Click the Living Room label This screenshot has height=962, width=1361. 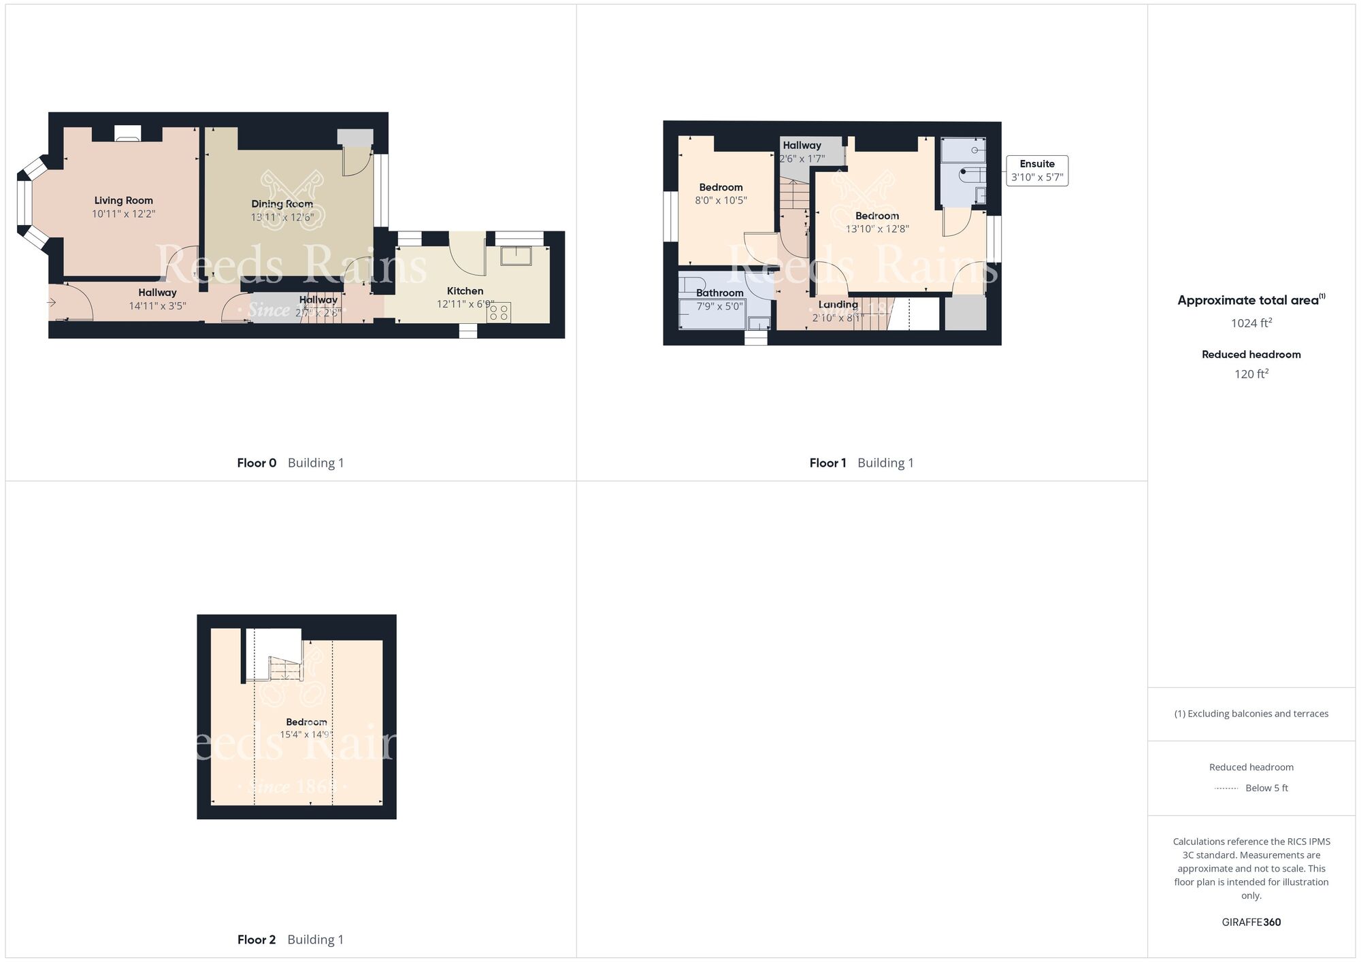coord(123,201)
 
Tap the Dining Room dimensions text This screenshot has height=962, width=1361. coord(282,218)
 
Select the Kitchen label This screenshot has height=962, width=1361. coord(465,291)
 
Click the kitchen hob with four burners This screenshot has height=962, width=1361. coord(499,312)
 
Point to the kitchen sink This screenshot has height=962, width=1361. coord(516,255)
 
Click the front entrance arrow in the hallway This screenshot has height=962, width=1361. coord(52,302)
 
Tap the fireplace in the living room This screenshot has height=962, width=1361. coord(127,133)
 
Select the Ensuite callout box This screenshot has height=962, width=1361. coord(1037,171)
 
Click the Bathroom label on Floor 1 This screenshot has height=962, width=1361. coord(719,293)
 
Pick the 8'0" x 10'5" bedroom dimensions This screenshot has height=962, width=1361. coord(721,201)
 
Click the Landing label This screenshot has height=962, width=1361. coord(838,305)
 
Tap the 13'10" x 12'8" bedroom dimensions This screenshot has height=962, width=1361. coord(877,229)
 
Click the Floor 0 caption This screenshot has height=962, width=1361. coord(257,463)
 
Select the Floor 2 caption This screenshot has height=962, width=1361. coord(257,940)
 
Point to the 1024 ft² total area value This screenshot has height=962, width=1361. coord(1251,323)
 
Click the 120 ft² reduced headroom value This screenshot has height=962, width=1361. coord(1251,374)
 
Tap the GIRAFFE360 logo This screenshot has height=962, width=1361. coord(1251,923)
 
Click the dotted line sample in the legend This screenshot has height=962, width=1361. coord(1226,789)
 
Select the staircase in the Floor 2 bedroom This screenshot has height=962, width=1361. coord(285,668)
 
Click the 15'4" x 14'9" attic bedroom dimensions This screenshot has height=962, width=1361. coord(306,735)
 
